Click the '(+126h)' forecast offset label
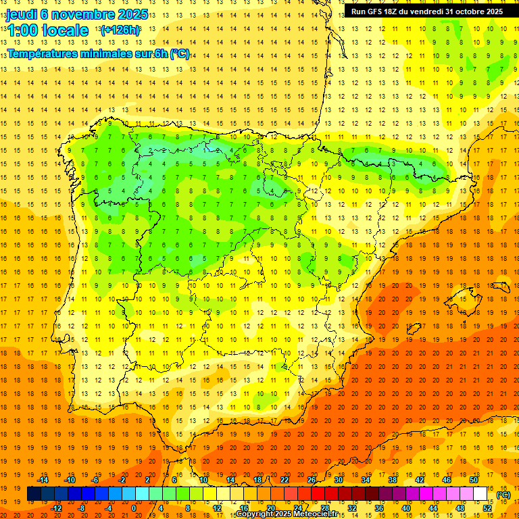pyautogui.click(x=120, y=30)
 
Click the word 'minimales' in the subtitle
pyautogui.click(x=114, y=54)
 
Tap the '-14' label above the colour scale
pyautogui.click(x=43, y=480)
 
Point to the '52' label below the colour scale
pyautogui.click(x=487, y=508)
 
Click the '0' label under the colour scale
pyautogui.click(x=134, y=508)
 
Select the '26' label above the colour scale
pyautogui.click(x=312, y=480)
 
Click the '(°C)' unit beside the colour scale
pyautogui.click(x=503, y=495)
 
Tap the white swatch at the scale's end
pyautogui.click(x=480, y=494)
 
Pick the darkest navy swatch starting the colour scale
pyautogui.click(x=34, y=494)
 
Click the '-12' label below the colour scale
pyautogui.click(x=56, y=508)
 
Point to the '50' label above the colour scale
pyautogui.click(x=473, y=480)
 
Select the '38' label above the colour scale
pyautogui.click(x=393, y=480)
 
